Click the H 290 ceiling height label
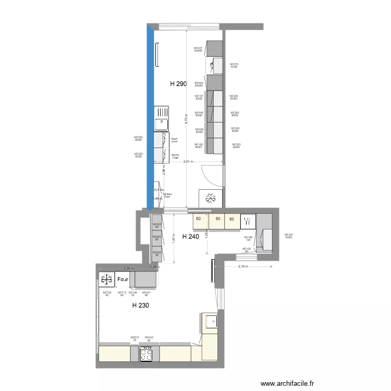click(178, 83)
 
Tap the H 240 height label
click(190, 236)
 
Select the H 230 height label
click(141, 306)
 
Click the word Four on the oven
click(124, 280)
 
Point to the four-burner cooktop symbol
click(146, 354)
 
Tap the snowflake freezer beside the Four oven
click(107, 279)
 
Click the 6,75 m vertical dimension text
click(186, 119)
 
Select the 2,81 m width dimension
click(188, 162)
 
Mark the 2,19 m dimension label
click(243, 266)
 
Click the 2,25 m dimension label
click(128, 268)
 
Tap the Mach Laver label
click(174, 140)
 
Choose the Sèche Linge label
click(175, 155)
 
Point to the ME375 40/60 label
click(234, 66)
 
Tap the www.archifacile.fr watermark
click(288, 383)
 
